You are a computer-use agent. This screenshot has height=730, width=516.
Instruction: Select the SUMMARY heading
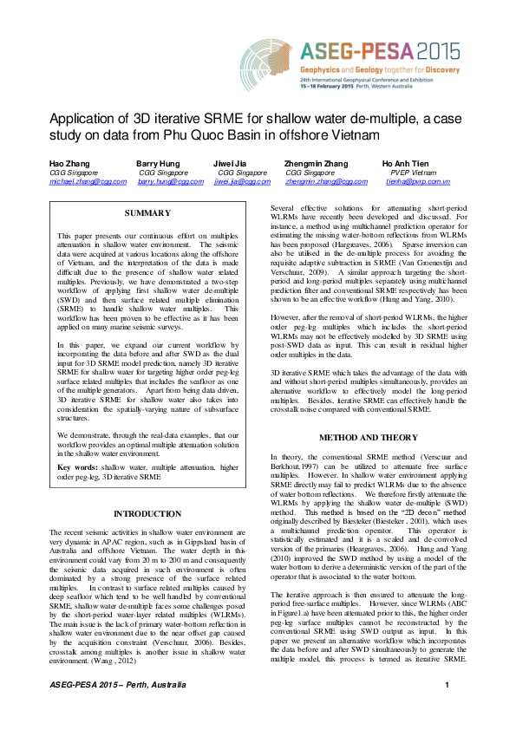141,212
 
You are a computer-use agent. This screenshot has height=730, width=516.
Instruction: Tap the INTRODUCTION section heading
141,513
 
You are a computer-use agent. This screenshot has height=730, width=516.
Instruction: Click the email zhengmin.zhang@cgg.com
325,182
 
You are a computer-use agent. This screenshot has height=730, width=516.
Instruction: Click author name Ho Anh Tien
405,164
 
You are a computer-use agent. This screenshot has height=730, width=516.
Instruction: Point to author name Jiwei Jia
229,164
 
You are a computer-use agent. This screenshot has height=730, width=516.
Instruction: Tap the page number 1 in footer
447,710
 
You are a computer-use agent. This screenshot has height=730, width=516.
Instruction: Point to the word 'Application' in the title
84,121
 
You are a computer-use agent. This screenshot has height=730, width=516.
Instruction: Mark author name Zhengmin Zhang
317,164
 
